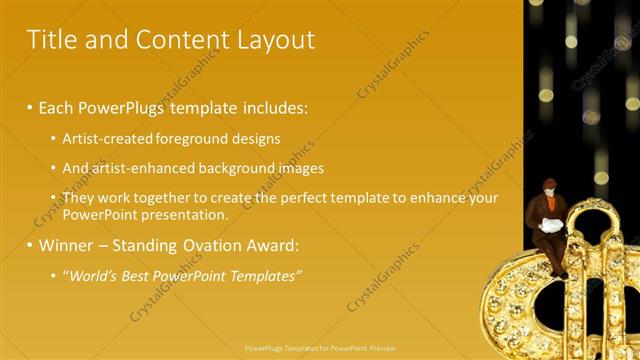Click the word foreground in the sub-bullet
point(195,138)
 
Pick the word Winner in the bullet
point(66,244)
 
